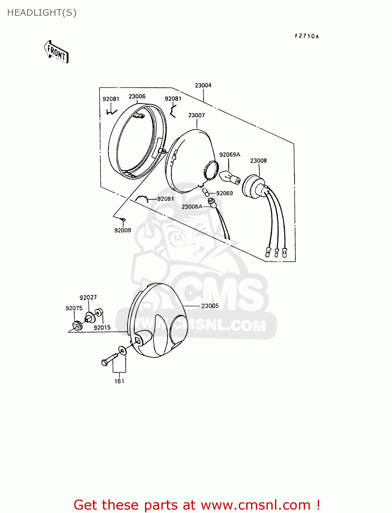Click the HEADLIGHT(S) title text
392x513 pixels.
pos(42,13)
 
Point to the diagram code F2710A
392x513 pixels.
pos(306,36)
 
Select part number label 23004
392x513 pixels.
pos(203,85)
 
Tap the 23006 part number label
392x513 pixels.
pos(137,96)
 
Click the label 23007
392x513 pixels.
pos(196,115)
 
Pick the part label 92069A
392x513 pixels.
pos(230,155)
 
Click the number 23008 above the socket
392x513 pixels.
pos(258,161)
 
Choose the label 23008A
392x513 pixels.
pos(192,207)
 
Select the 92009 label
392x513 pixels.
pos(122,230)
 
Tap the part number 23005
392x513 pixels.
pos(210,306)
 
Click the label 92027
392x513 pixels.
pos(88,298)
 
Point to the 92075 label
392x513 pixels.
pos(74,308)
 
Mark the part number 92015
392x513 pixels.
pos(102,327)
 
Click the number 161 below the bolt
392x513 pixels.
pos(119,381)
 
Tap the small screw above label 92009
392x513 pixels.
pos(123,219)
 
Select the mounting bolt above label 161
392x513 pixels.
pos(109,359)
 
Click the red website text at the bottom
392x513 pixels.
pos(197,505)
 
